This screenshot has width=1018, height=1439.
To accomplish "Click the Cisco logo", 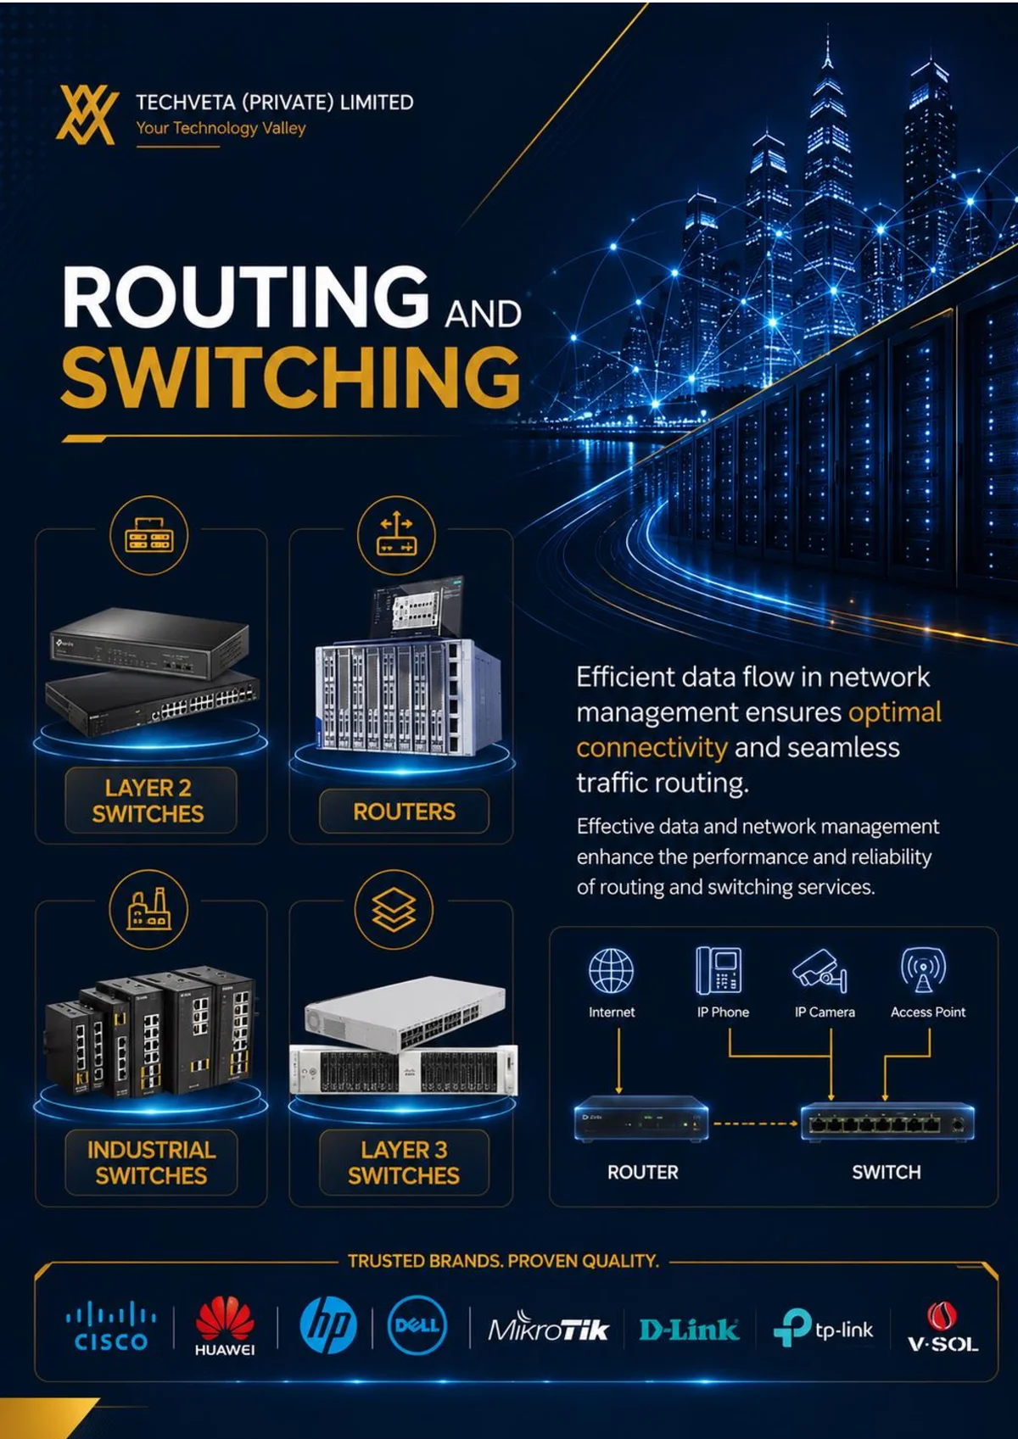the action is coord(110,1325).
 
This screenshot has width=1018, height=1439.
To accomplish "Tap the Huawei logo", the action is coord(224,1326).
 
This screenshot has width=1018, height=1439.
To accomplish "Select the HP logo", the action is coord(327,1325).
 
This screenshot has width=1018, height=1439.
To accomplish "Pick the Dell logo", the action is coord(417,1325).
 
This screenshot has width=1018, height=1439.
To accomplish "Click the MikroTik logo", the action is coord(548,1329).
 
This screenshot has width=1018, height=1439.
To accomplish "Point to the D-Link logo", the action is coord(689,1329).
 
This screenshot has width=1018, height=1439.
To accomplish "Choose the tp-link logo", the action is coord(823,1327).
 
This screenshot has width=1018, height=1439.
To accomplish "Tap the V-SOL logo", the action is coord(942,1327).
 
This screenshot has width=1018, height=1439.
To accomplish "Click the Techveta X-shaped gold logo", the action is coord(87,115).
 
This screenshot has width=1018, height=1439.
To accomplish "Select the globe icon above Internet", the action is coord(611,971).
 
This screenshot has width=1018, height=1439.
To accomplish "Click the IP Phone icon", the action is coord(719,970).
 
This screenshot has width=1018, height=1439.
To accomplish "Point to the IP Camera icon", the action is coord(819,971).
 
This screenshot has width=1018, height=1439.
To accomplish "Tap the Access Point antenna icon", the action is coord(923,970).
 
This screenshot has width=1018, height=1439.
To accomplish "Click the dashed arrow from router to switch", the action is coord(756,1124).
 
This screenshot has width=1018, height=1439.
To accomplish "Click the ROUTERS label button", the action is coord(405,812).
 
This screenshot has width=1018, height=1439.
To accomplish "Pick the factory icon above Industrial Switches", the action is coord(149,910).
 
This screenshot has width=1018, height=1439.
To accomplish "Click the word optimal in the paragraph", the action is coord(895,712).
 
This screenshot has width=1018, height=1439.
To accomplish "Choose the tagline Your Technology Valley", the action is coord(221,128).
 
